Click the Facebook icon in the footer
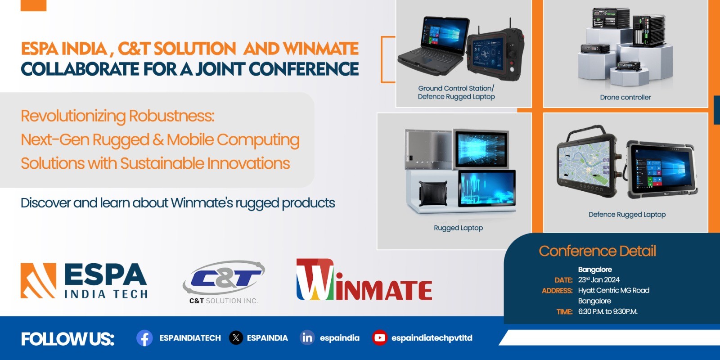pos(144,338)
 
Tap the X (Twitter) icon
pos(236,337)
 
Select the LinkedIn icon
pos(307,337)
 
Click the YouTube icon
pos(379,337)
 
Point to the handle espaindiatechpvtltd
pos(432,338)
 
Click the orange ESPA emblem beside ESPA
pos(38,281)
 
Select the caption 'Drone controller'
pos(625,97)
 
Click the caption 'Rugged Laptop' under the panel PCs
pos(458,228)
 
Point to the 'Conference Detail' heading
pos(597,251)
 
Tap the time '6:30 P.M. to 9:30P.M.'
pos(607,311)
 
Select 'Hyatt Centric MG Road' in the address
pos(613,290)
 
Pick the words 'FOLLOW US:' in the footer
pos(67,338)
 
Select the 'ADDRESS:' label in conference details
pos(557,291)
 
